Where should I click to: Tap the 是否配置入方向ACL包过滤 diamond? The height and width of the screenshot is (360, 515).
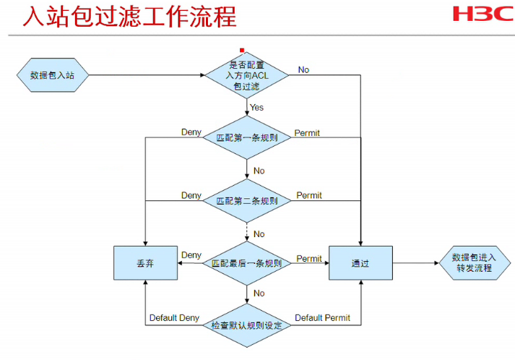[x=246, y=74]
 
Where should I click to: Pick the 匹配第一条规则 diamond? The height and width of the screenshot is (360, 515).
[x=246, y=137]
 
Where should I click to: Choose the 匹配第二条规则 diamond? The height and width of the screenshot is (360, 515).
[x=246, y=200]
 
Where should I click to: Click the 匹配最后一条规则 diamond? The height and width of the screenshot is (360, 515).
[x=246, y=263]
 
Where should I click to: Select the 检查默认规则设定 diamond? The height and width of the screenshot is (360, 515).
[x=246, y=325]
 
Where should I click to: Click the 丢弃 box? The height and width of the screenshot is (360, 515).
[x=145, y=263]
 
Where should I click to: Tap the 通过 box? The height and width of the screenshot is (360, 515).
[x=360, y=263]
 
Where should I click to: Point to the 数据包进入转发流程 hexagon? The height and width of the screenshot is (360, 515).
[x=473, y=262]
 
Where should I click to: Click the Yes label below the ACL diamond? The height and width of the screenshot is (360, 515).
[x=256, y=108]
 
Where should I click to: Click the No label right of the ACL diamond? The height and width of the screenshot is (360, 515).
[x=303, y=70]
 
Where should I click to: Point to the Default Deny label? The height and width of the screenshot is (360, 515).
[x=174, y=318]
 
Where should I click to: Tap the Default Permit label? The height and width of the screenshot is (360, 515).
[x=322, y=318]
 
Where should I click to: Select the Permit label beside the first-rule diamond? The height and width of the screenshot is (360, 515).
[x=307, y=133]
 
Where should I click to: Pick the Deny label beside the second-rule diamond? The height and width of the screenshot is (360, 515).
[x=191, y=196]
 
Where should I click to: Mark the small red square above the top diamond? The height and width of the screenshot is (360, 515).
[x=242, y=51]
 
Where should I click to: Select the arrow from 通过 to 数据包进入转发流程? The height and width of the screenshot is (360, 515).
[x=415, y=263]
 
